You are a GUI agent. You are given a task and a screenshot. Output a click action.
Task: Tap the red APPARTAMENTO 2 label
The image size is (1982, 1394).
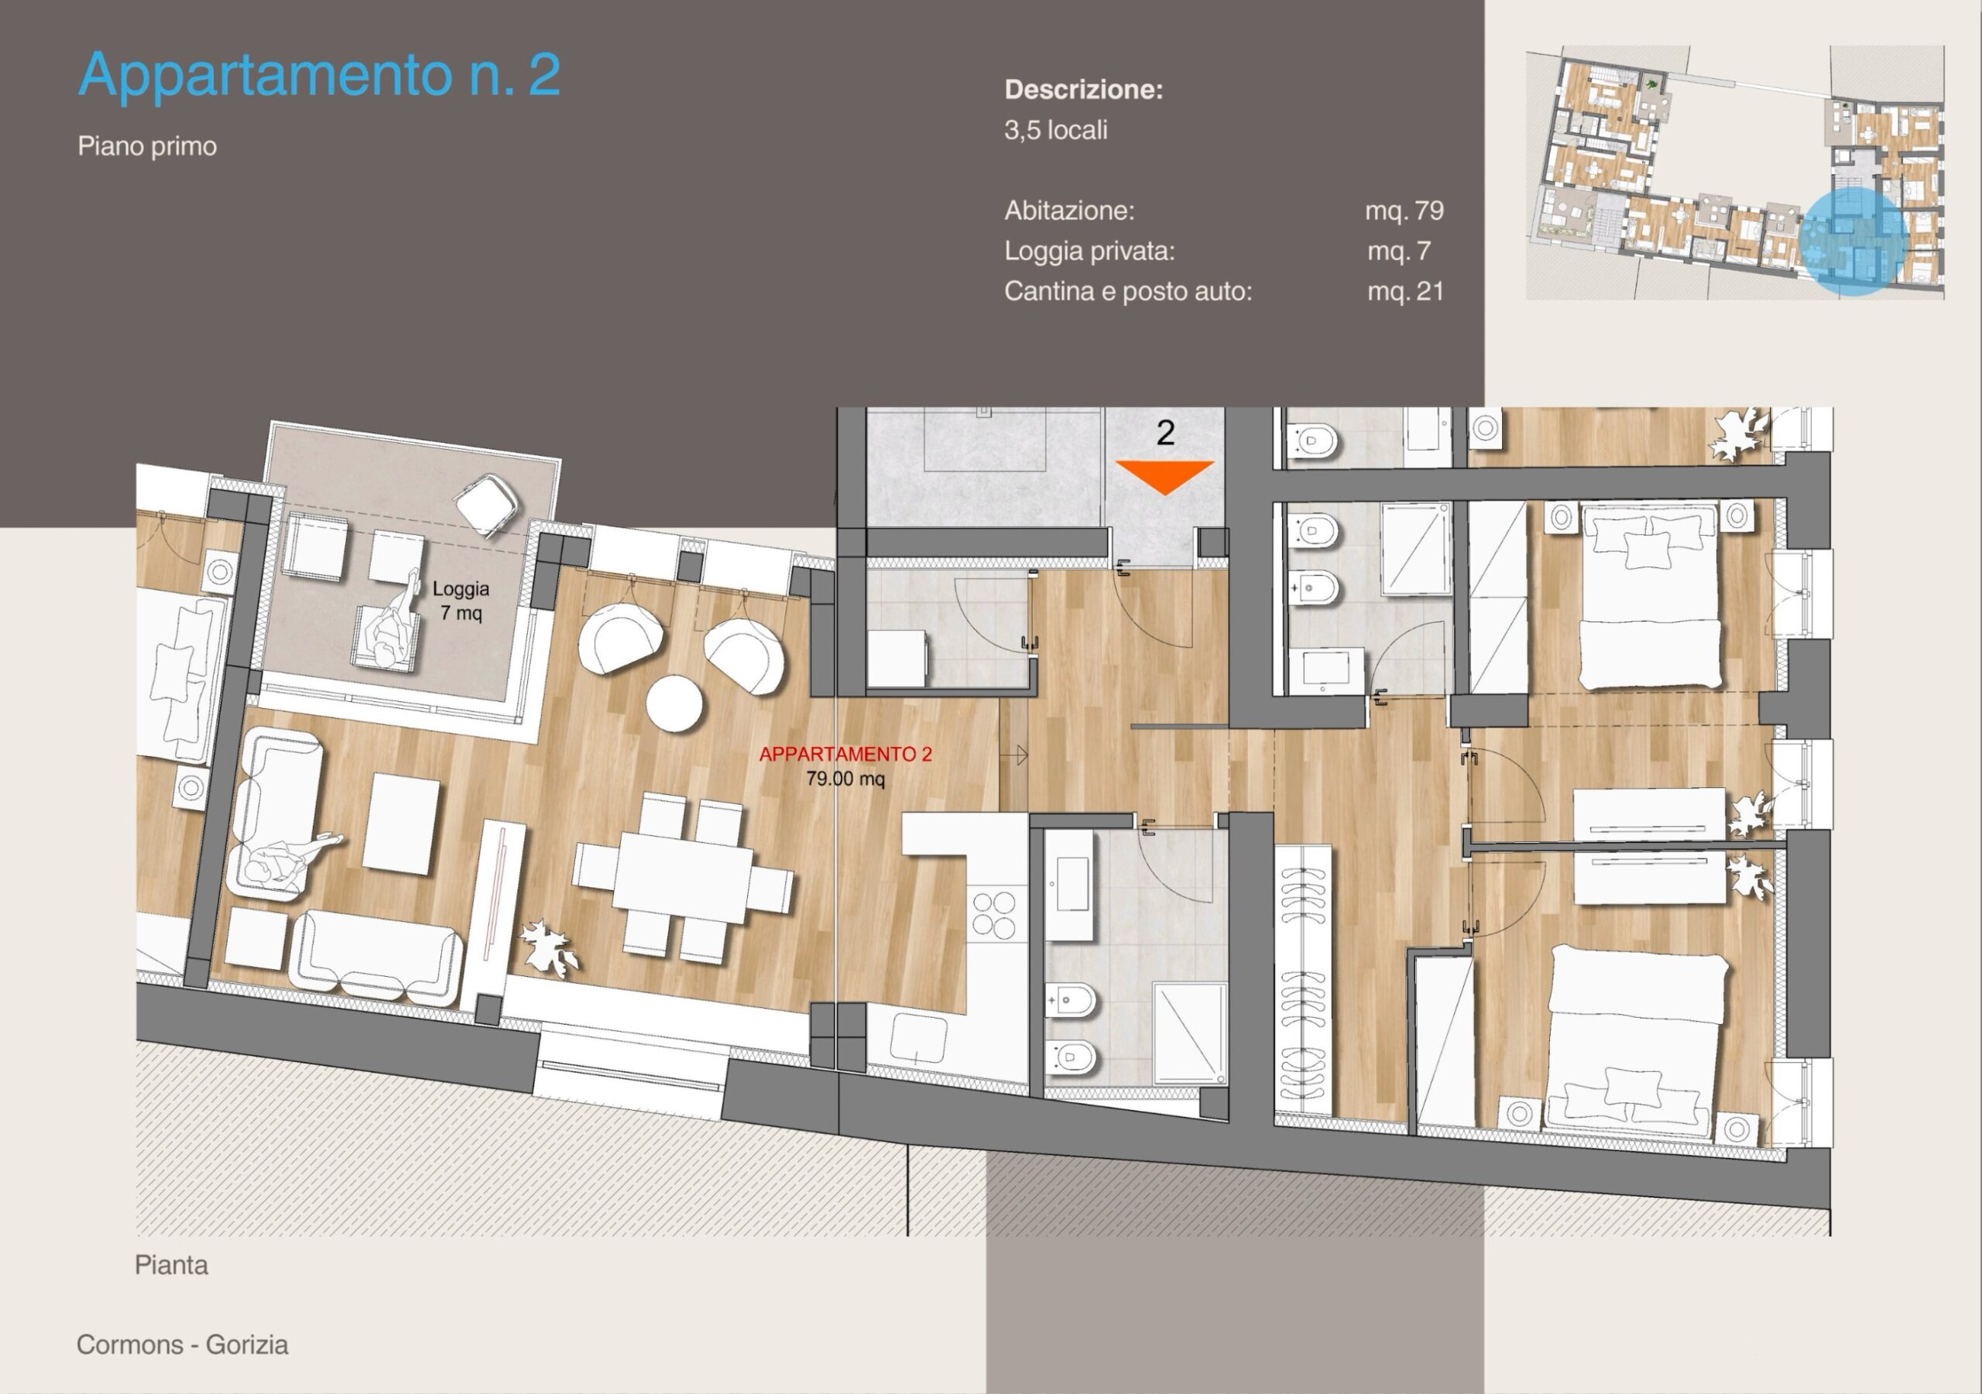pyautogui.click(x=845, y=755)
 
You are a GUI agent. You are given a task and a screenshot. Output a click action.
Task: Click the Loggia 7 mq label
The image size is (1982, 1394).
pyautogui.click(x=461, y=601)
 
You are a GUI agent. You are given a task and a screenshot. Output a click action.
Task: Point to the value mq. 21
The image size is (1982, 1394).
pyautogui.click(x=1405, y=292)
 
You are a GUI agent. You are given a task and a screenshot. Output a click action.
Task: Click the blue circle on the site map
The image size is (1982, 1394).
pyautogui.click(x=1853, y=242)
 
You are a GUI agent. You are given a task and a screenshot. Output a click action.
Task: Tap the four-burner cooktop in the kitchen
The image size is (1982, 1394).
pyautogui.click(x=993, y=916)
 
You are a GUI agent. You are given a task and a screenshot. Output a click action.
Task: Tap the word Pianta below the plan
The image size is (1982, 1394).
pyautogui.click(x=171, y=1266)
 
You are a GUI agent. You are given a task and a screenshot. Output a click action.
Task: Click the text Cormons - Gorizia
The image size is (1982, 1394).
pyautogui.click(x=182, y=1344)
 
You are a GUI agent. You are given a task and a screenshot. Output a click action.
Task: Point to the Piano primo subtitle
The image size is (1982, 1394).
pyautogui.click(x=147, y=146)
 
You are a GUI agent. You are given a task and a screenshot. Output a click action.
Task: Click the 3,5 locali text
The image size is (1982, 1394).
pyautogui.click(x=1056, y=130)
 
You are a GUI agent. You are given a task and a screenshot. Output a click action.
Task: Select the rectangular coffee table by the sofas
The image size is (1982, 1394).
pyautogui.click(x=400, y=824)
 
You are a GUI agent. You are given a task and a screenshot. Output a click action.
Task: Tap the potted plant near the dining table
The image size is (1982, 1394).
pyautogui.click(x=549, y=947)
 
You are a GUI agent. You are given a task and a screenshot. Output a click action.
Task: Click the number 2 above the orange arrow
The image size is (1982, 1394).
pyautogui.click(x=1165, y=433)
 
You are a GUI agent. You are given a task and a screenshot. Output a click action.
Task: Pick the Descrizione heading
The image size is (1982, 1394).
pyautogui.click(x=1083, y=90)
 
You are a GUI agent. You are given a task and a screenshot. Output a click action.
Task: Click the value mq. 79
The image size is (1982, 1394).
pyautogui.click(x=1404, y=211)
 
